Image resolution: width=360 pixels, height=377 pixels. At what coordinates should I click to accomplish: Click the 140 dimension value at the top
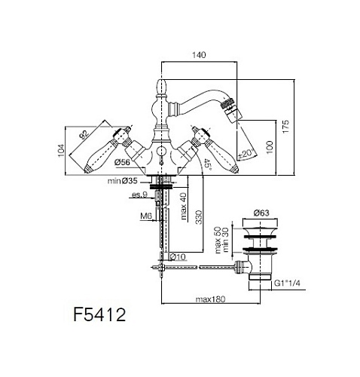199,55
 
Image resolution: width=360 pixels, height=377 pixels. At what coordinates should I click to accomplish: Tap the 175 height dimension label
285,127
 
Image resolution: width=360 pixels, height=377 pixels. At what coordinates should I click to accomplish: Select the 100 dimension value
269,148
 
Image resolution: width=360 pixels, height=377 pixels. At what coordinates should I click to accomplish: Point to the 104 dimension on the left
61,151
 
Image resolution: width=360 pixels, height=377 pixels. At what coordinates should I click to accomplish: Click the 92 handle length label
84,134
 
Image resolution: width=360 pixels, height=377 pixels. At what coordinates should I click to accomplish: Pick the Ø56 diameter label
123,163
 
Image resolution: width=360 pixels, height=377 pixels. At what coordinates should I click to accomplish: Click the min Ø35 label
123,181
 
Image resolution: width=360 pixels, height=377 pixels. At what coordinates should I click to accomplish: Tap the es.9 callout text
139,195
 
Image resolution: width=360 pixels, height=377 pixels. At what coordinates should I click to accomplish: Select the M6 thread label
146,216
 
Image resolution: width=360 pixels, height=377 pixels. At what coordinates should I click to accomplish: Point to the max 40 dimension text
185,206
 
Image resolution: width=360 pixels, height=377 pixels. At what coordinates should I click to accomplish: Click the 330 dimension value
198,217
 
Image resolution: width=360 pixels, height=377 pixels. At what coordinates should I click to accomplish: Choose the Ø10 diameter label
178,256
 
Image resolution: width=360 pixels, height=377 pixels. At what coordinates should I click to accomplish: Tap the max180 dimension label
210,299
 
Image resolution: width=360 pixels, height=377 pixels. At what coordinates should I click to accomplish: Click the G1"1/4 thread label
287,284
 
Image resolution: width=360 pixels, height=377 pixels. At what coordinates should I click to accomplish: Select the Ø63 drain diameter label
261,213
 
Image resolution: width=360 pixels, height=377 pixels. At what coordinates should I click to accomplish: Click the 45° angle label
207,164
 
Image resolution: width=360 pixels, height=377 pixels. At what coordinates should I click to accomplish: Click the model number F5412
99,314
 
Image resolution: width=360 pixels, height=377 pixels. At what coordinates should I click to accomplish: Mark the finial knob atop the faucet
161,87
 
